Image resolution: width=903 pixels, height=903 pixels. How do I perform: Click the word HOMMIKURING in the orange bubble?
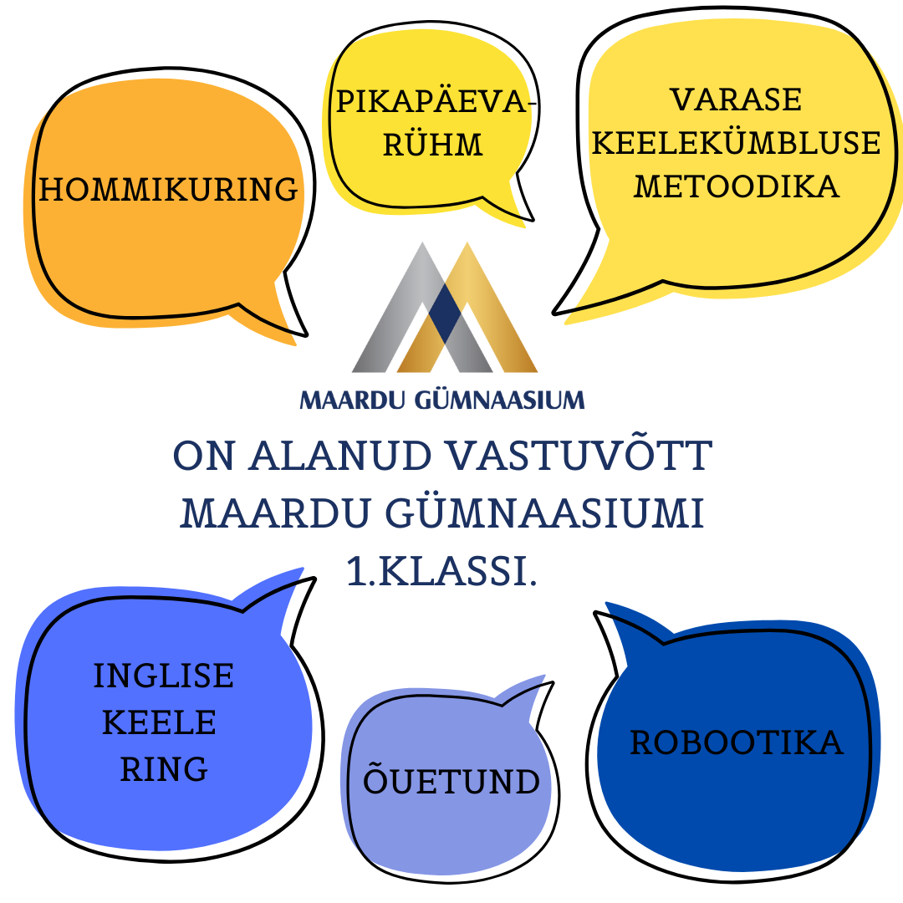click(168, 190)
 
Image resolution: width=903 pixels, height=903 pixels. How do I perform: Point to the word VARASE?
click(736, 99)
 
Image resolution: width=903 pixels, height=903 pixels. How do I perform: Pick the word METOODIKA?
click(736, 186)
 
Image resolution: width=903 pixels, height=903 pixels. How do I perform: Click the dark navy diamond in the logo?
click(445, 313)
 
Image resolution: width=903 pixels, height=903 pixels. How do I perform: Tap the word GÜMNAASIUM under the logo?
click(499, 399)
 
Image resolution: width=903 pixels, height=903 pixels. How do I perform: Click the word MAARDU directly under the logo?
click(353, 400)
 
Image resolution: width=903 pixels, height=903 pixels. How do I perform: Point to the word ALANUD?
click(340, 457)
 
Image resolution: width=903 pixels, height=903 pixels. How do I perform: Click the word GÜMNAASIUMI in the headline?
click(545, 512)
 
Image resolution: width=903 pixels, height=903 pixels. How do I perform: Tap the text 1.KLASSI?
click(441, 571)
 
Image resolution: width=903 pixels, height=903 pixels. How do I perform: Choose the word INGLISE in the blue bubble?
click(164, 676)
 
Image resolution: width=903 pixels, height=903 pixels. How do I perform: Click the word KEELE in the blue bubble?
click(159, 722)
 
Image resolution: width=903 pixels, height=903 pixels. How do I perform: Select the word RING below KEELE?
click(164, 769)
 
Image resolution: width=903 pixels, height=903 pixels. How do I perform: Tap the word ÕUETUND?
click(451, 778)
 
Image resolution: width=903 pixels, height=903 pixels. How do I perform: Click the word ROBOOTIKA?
click(737, 742)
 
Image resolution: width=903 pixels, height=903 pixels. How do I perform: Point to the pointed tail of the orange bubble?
click(306, 334)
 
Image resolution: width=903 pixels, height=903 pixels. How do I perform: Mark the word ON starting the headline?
click(204, 457)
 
